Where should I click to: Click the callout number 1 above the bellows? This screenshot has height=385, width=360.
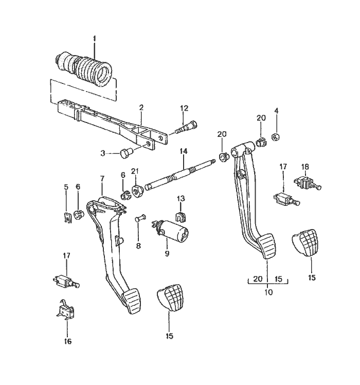point(95,39)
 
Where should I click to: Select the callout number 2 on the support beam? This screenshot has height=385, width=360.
point(141,108)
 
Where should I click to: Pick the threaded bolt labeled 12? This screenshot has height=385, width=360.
point(187,127)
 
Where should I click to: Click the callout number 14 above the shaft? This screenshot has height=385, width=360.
point(184,151)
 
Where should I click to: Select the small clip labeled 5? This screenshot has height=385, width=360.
point(67,218)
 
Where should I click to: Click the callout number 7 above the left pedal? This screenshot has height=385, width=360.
point(102,179)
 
